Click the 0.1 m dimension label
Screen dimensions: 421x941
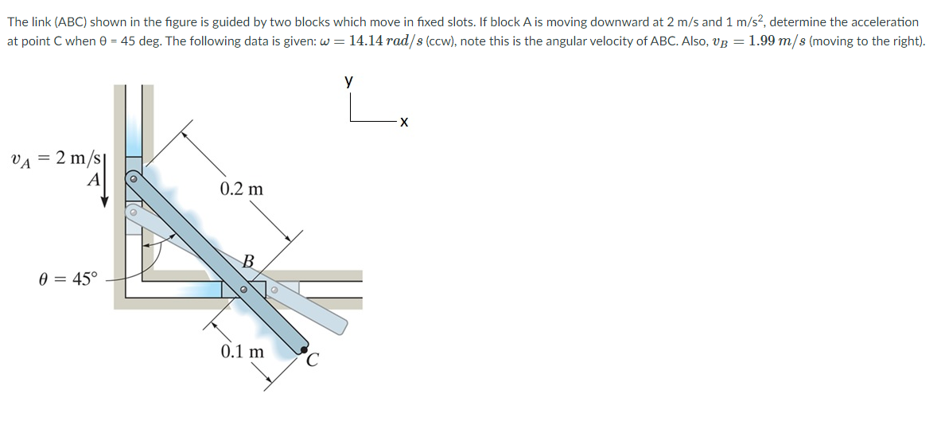243,351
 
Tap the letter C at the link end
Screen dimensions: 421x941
313,361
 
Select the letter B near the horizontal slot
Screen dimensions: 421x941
248,260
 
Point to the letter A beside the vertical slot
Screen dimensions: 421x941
94,180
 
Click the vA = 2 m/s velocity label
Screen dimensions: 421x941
53,159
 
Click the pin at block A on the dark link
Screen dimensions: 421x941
134,181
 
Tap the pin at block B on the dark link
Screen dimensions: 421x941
244,290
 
